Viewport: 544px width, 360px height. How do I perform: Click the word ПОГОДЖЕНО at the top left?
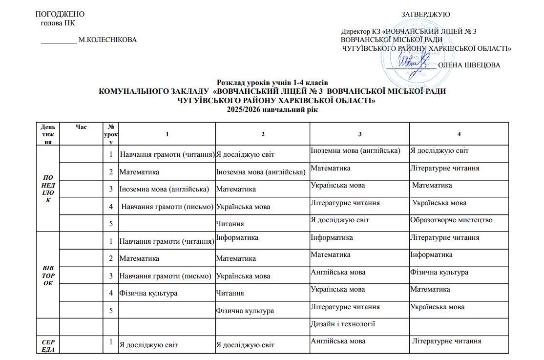click(x=57, y=14)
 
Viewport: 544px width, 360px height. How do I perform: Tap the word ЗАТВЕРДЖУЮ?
click(x=425, y=14)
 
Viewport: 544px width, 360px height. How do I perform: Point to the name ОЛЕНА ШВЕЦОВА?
click(x=469, y=65)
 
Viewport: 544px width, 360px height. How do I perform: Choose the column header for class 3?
click(x=359, y=134)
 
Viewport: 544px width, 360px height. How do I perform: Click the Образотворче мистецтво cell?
click(x=452, y=220)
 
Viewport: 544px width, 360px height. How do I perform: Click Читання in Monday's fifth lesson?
click(x=230, y=223)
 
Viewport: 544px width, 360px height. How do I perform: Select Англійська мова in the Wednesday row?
click(x=338, y=341)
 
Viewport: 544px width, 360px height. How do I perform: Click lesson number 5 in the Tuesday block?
click(x=112, y=310)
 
